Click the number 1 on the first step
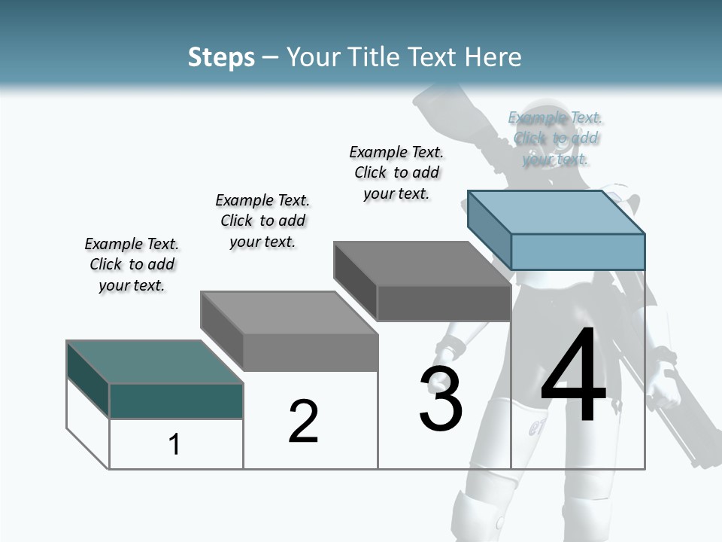click(174, 444)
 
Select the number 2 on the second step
click(303, 421)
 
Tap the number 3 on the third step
click(441, 398)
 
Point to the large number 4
click(573, 376)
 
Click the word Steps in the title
click(221, 57)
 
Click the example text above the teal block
click(132, 264)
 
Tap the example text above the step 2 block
click(262, 221)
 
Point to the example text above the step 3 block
click(396, 172)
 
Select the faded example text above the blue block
click(555, 138)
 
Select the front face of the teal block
click(176, 400)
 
